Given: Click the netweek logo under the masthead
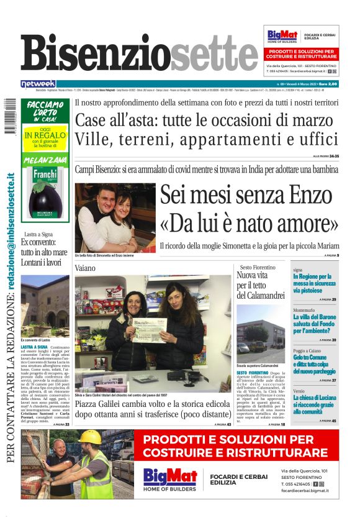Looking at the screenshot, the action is (x=38, y=83).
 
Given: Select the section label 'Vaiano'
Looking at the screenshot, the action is (x=86, y=267).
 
